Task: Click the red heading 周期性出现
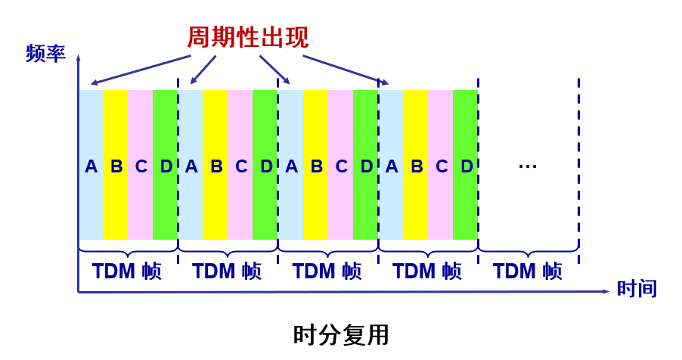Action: tap(247, 37)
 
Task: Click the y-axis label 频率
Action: tap(45, 54)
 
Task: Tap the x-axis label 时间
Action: tap(637, 288)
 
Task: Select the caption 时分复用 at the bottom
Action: tap(341, 334)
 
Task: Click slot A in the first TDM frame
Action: tap(91, 166)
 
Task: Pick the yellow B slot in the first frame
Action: tap(116, 166)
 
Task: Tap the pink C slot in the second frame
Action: tap(240, 166)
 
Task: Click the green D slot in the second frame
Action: tap(265, 166)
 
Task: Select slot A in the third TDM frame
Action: tap(291, 166)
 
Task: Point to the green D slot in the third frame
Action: tap(366, 166)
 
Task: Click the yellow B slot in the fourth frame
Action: tap(416, 166)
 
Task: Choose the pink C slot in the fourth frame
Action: tap(441, 166)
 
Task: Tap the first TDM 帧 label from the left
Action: tap(127, 271)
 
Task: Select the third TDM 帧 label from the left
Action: tap(327, 271)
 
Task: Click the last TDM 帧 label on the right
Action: tap(528, 271)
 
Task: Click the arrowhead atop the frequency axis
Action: tap(79, 57)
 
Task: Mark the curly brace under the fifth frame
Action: tap(529, 249)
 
